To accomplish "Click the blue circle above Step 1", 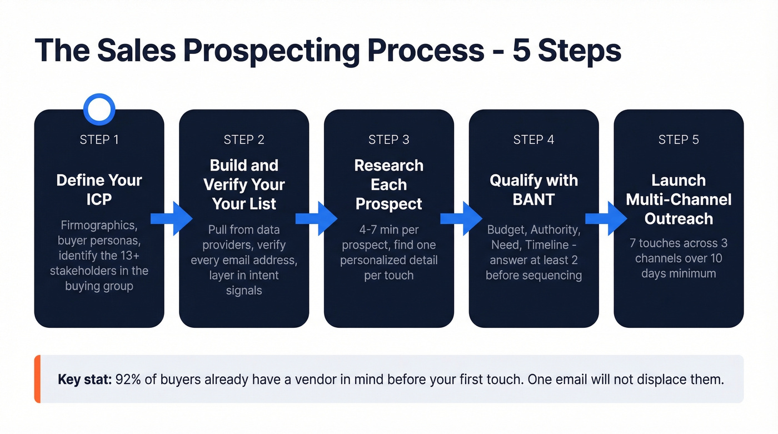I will pos(99,109).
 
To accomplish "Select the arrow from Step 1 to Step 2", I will pos(172,218).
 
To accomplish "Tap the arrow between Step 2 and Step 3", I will pos(317,218).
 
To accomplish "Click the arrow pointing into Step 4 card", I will pos(462,218).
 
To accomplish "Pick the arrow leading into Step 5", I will pos(606,218).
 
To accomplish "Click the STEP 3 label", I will pos(388,139).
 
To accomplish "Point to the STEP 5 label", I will pos(679,139).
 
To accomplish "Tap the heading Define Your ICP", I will pos(99,189).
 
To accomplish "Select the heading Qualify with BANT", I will pos(533,189).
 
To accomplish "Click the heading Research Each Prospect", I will pos(388,184).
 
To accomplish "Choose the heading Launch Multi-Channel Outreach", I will pos(679,199).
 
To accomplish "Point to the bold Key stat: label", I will pos(85,380).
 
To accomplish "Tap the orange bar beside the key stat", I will pos(37,379).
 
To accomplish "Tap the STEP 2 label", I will pos(244,139).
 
